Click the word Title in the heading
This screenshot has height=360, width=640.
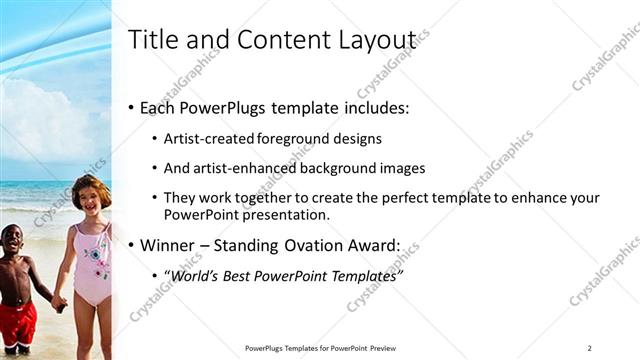click(x=152, y=40)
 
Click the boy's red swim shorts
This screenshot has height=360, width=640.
click(x=18, y=322)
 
